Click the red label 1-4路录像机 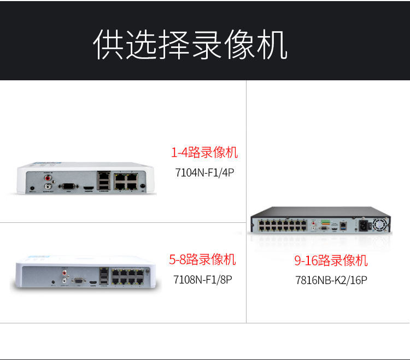click(x=204, y=152)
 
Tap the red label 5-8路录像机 click(x=203, y=259)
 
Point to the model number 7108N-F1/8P click(x=203, y=279)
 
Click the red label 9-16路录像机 click(x=331, y=261)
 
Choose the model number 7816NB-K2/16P click(x=331, y=280)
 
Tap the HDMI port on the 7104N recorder click(x=87, y=188)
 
